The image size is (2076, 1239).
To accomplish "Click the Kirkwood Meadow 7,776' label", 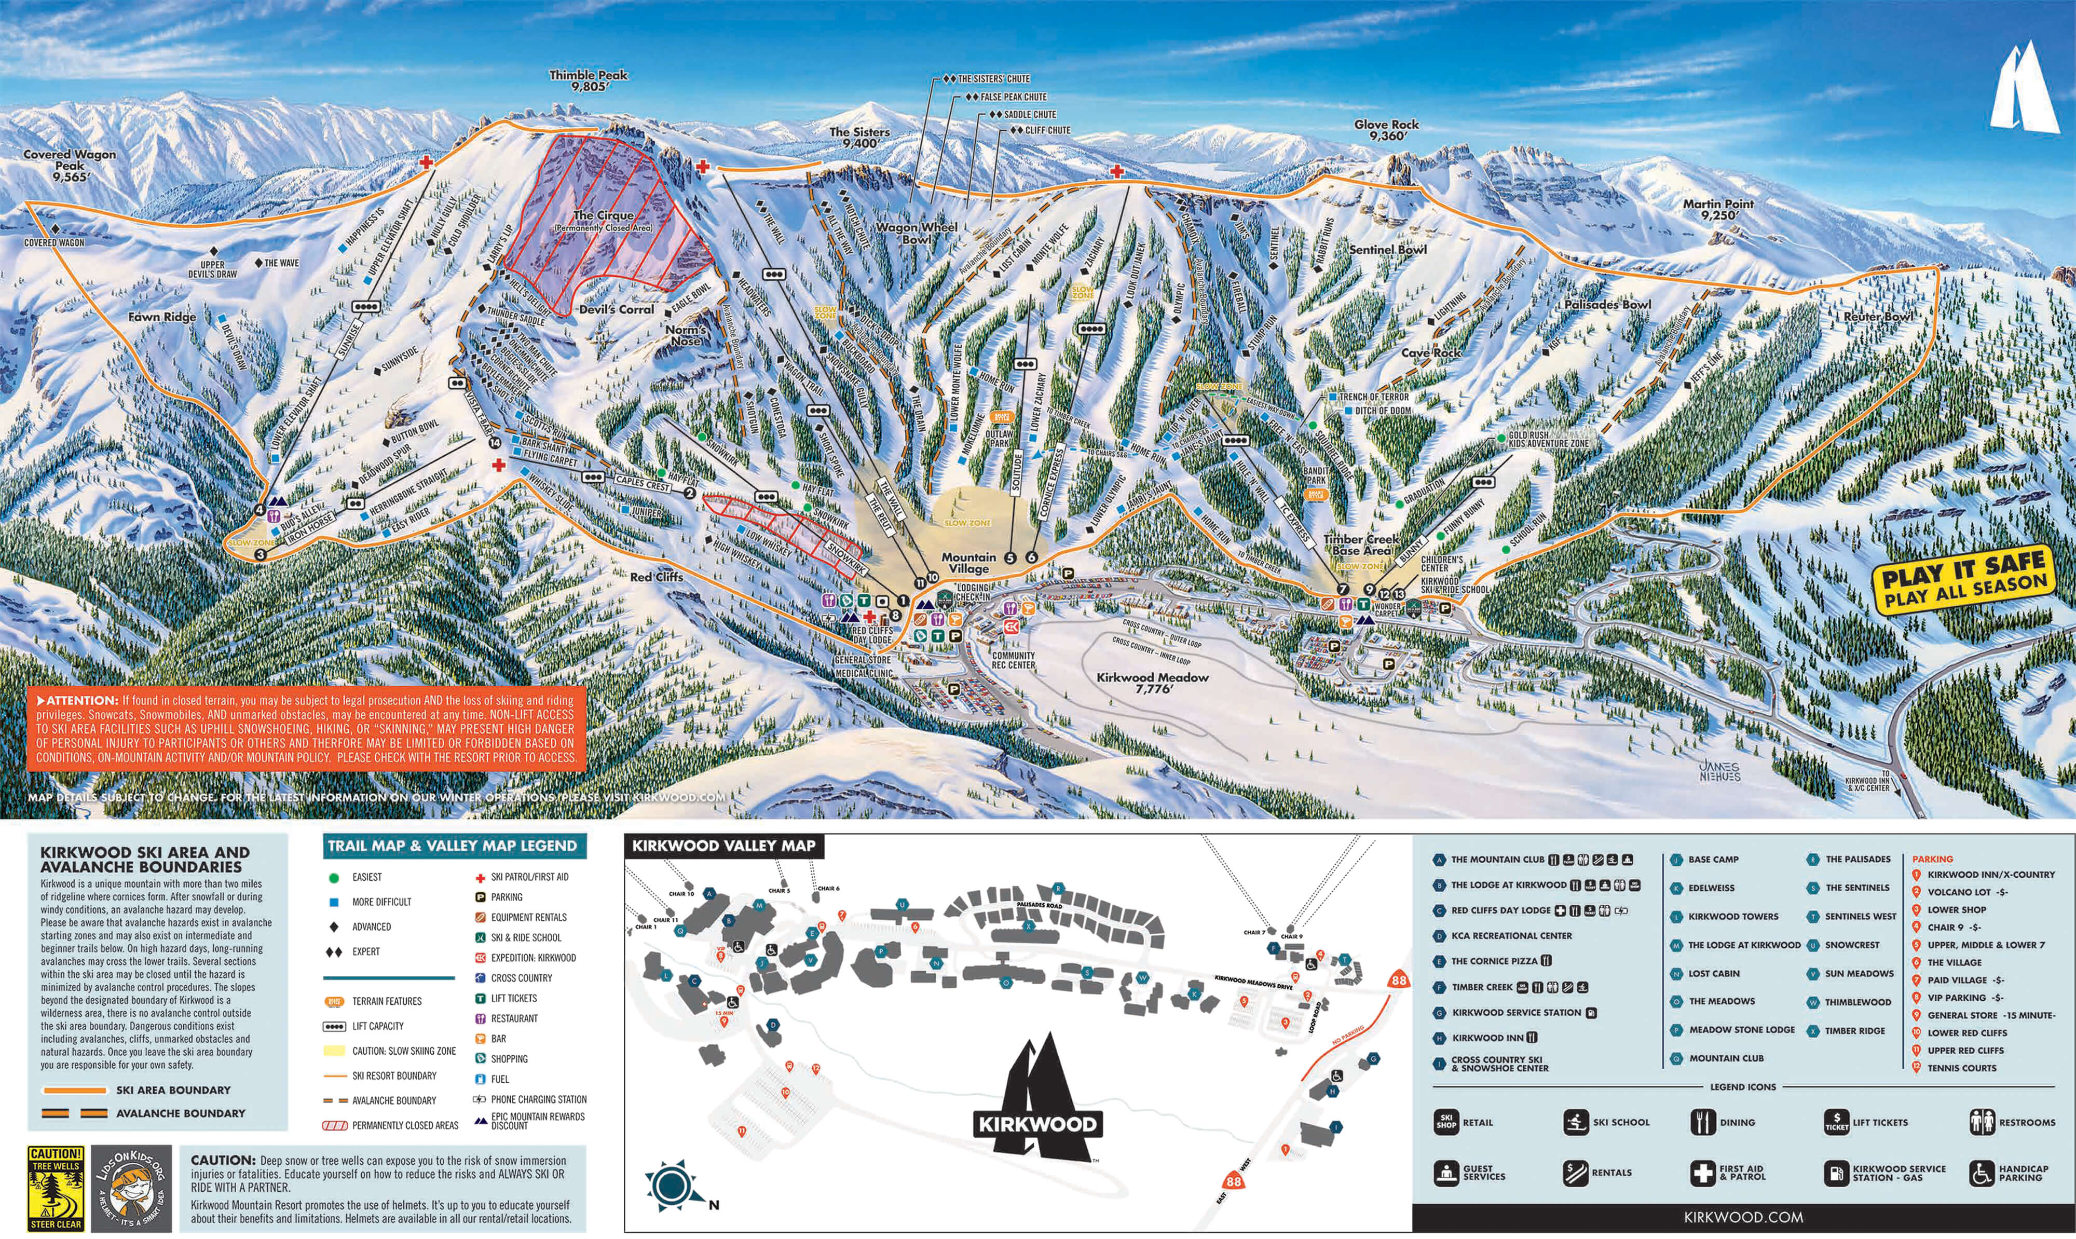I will coord(1152,682).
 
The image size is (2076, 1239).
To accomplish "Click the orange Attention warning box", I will coord(306,728).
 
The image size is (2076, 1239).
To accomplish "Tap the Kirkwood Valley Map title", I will coord(723,846).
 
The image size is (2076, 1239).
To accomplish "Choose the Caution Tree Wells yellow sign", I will coord(56,1189).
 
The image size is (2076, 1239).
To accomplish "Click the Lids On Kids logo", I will coord(132,1189).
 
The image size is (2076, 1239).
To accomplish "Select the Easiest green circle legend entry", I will coord(335,878).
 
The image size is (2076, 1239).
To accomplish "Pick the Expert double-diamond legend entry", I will coord(335,952).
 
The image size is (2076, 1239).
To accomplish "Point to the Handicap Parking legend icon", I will coord(1982,1173).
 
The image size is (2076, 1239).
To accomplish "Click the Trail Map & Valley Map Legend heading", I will coord(453,846).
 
